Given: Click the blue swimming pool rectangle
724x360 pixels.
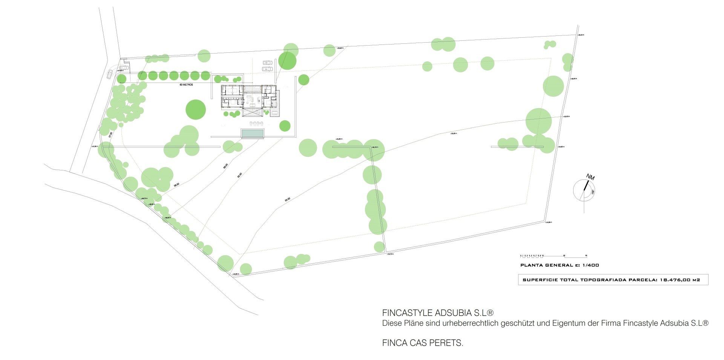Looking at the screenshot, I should [x=252, y=133].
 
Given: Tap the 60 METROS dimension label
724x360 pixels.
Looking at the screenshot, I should [x=186, y=85].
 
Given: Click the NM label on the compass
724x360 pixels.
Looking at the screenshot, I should [x=590, y=177].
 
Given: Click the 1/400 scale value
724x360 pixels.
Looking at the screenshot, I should [x=591, y=265].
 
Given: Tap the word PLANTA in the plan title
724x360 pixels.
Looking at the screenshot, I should [x=530, y=265].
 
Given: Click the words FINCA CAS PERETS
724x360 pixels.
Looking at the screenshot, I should [x=422, y=343].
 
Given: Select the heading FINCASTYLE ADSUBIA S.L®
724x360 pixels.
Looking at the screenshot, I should [x=438, y=313].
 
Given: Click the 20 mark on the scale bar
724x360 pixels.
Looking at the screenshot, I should [x=564, y=255].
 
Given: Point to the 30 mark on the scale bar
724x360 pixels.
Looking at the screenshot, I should [x=586, y=255].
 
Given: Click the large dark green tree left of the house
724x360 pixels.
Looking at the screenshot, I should [x=196, y=110].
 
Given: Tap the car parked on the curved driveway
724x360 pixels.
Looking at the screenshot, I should [x=109, y=74].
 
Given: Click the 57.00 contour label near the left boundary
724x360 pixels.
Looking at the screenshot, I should [x=110, y=135].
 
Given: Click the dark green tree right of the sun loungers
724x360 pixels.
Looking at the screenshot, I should [x=285, y=126].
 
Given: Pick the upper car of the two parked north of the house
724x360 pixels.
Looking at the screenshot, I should [x=267, y=63].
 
